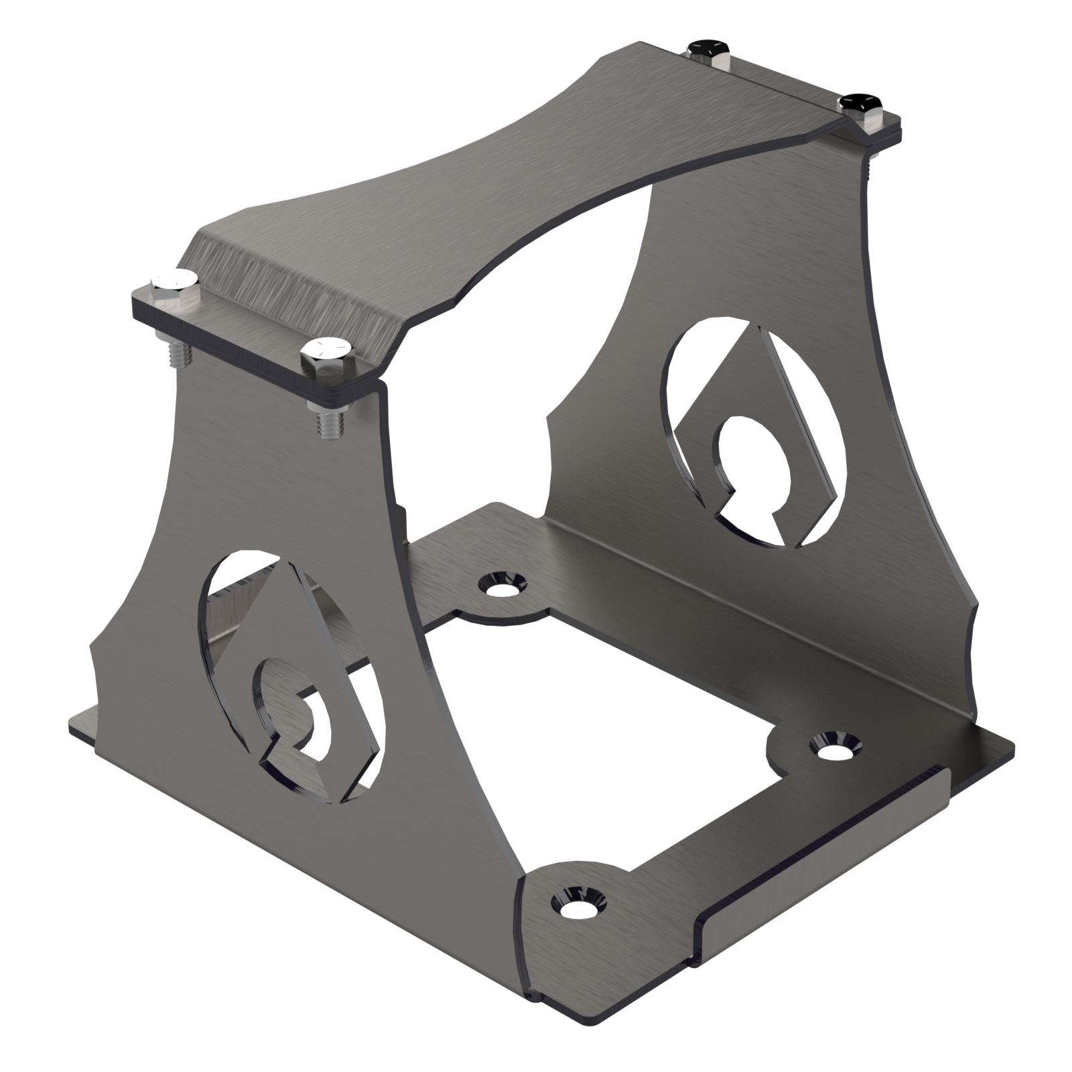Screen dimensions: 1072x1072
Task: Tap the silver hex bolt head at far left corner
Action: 174,279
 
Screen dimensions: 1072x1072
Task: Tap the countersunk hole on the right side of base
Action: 831,746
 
